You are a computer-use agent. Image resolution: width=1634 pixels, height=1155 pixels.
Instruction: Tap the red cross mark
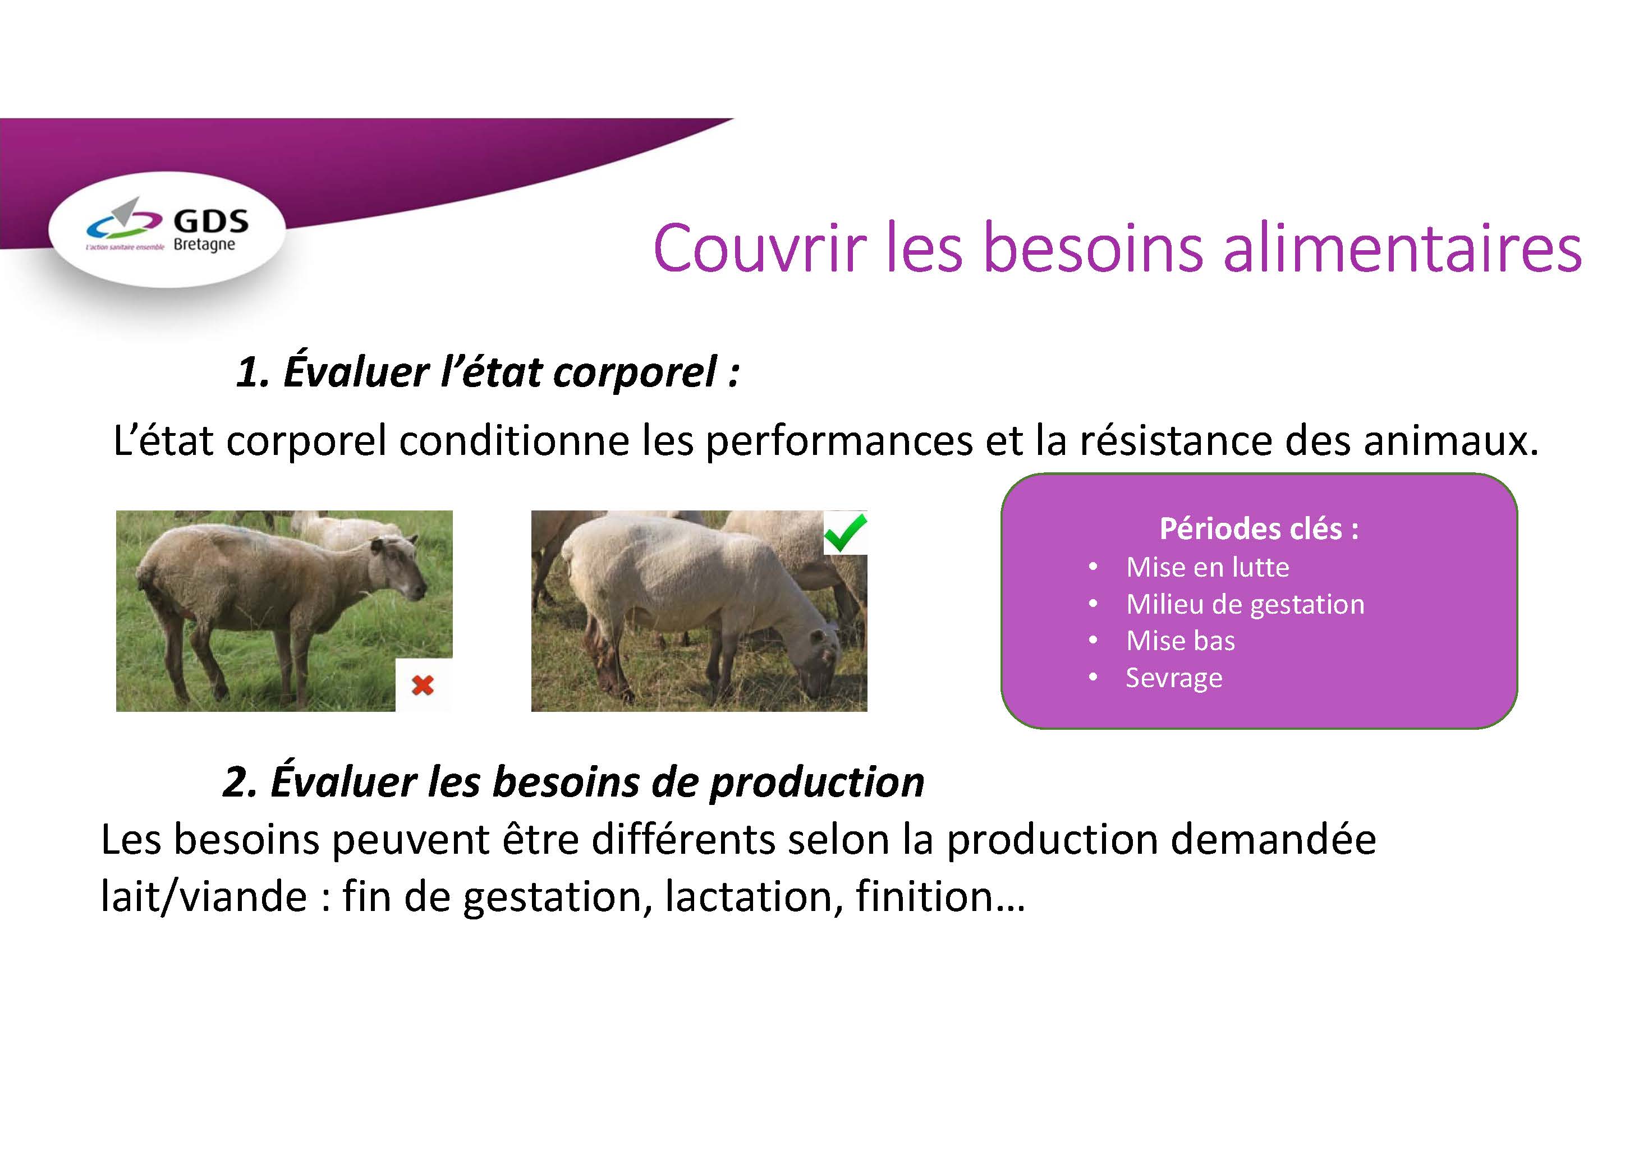click(423, 685)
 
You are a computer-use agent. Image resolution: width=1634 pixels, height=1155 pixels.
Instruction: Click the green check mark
click(846, 532)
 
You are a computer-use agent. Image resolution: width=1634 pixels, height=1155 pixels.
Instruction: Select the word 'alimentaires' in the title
click(1403, 249)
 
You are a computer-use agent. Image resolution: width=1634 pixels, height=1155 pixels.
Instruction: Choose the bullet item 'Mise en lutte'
click(1208, 567)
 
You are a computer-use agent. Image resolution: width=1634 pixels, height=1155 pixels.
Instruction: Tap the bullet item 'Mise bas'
click(1181, 641)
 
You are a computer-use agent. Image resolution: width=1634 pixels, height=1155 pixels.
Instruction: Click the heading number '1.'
click(253, 372)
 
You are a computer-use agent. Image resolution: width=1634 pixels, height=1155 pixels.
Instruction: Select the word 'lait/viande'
click(204, 896)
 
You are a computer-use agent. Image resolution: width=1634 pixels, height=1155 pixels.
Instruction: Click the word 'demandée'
click(1273, 840)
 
